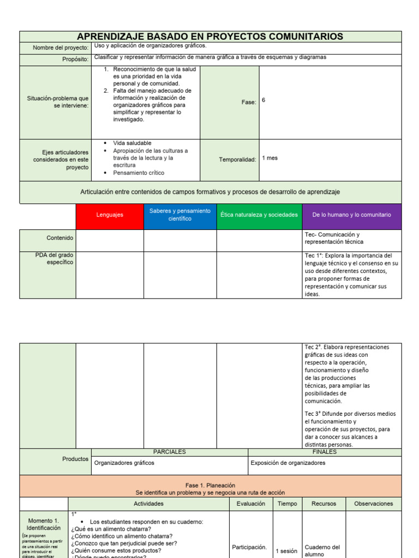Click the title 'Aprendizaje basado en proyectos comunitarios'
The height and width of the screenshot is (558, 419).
210,37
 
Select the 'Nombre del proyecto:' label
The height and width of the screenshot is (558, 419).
61,48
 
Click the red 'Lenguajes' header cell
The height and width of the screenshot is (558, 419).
110,215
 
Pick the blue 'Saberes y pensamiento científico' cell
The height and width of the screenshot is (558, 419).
180,214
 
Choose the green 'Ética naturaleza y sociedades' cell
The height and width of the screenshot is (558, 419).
259,215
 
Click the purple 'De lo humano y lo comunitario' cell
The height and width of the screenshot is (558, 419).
352,215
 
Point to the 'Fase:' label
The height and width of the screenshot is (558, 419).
249,102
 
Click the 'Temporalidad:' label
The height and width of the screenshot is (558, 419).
237,160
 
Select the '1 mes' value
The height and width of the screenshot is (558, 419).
270,158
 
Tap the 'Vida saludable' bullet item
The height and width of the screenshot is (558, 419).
132,143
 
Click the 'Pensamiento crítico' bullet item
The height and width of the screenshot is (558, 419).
139,173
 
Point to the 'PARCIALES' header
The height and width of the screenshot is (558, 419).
169,452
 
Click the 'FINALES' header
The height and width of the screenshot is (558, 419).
325,452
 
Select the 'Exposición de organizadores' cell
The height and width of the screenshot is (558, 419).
288,463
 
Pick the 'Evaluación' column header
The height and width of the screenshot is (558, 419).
251,504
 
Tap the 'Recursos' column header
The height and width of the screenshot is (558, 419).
324,504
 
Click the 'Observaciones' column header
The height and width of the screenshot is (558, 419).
374,504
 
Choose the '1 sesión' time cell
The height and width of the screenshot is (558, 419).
285,551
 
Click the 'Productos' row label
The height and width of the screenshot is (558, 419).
75,459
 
